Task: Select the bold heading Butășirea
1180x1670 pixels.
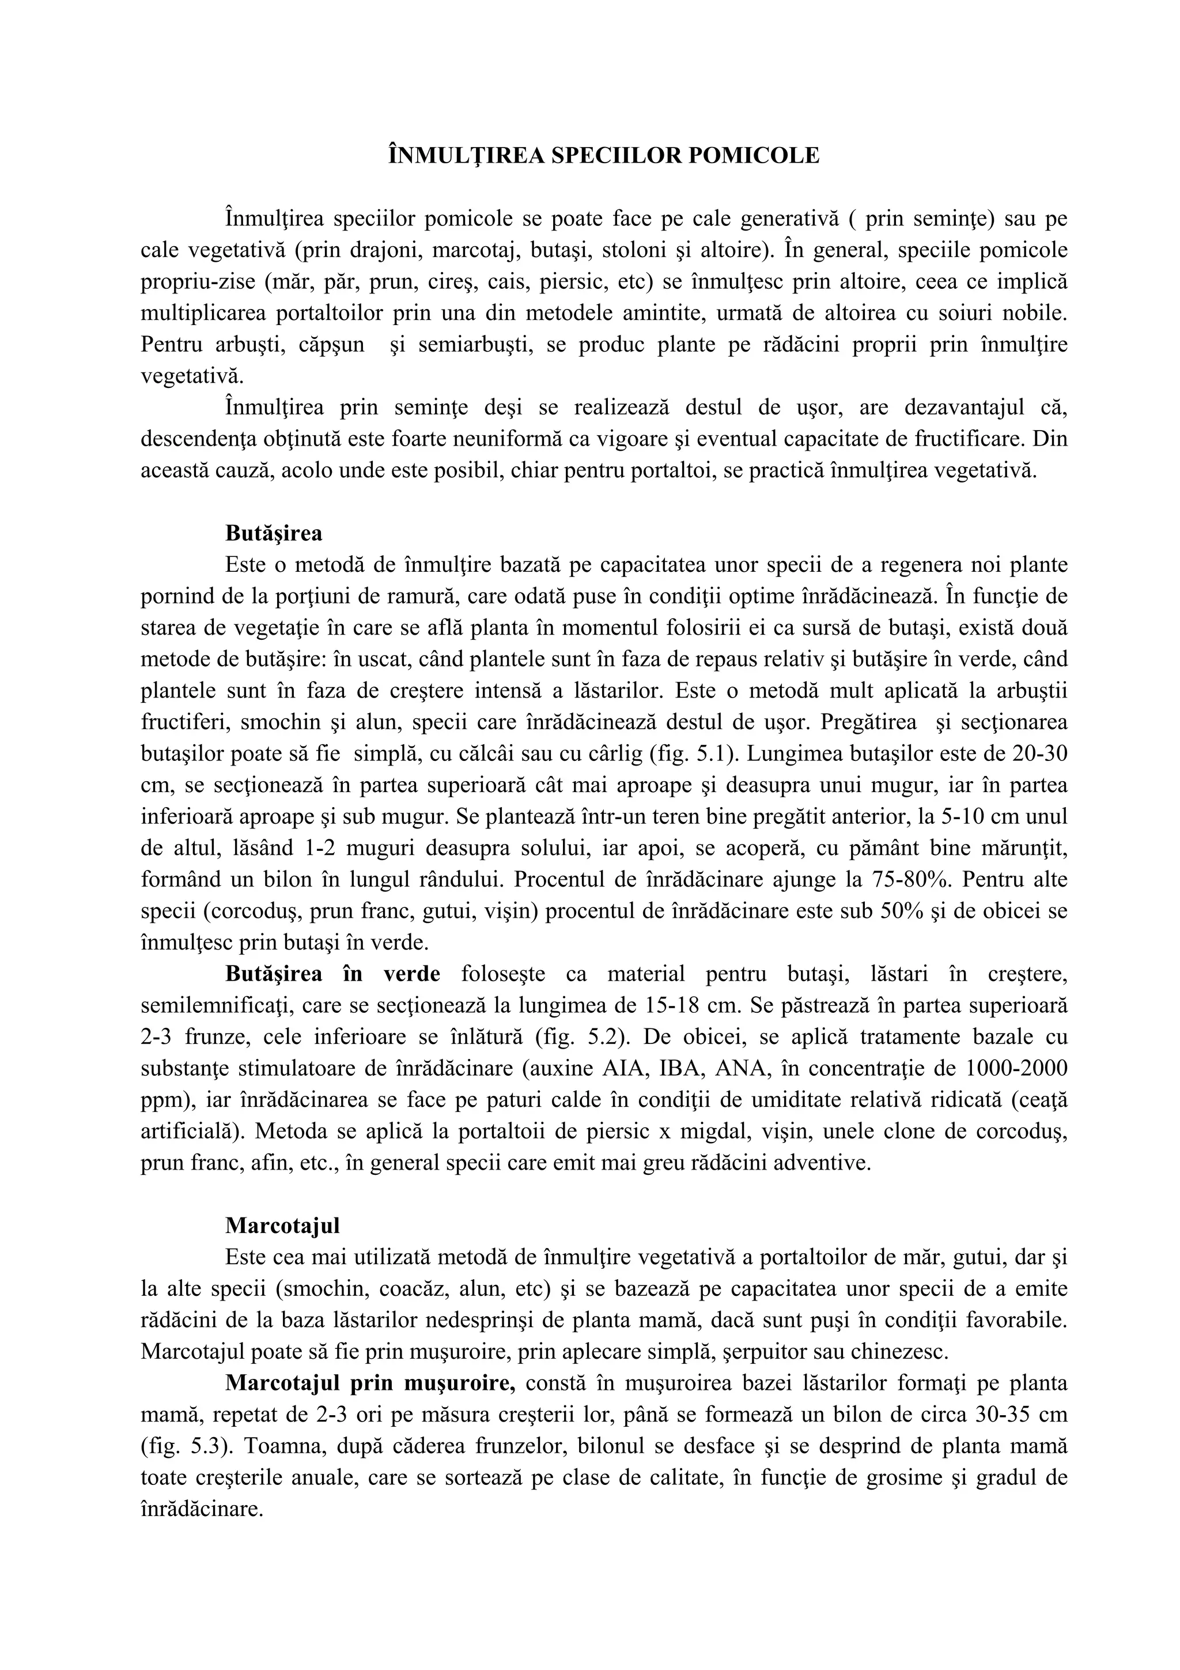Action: pos(273,533)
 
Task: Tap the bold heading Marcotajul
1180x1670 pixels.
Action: pos(282,1226)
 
